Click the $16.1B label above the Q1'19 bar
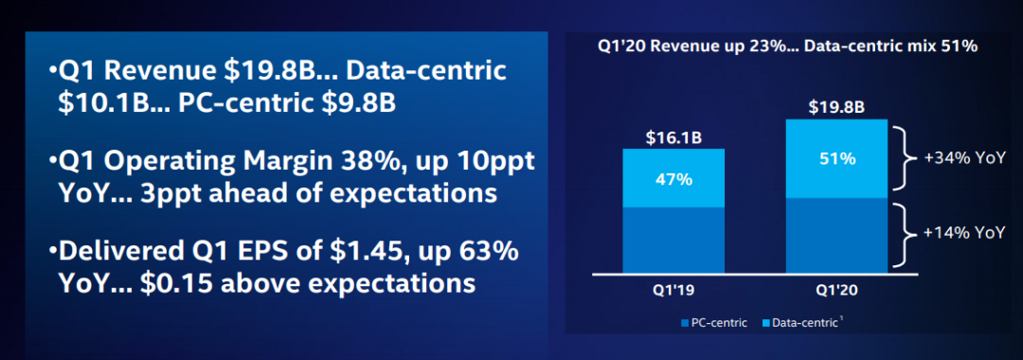[x=673, y=137]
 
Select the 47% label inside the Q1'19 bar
[x=673, y=179]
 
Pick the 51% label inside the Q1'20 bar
[x=836, y=158]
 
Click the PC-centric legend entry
[x=713, y=322]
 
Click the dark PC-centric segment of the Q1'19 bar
[x=673, y=240]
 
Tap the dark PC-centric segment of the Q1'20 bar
[x=836, y=236]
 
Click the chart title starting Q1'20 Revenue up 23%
[x=787, y=47]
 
